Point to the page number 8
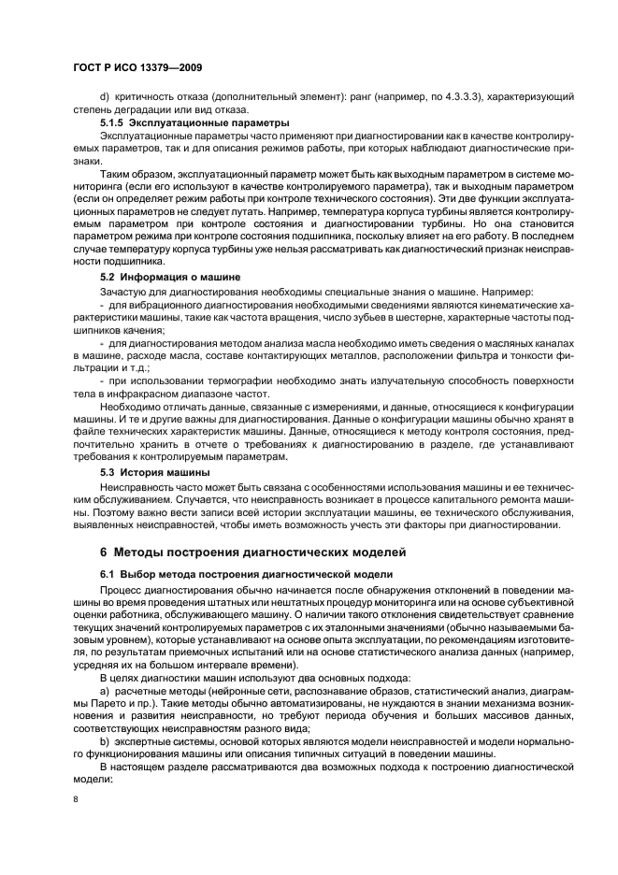tap(77, 799)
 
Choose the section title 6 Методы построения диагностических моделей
tap(253, 551)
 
